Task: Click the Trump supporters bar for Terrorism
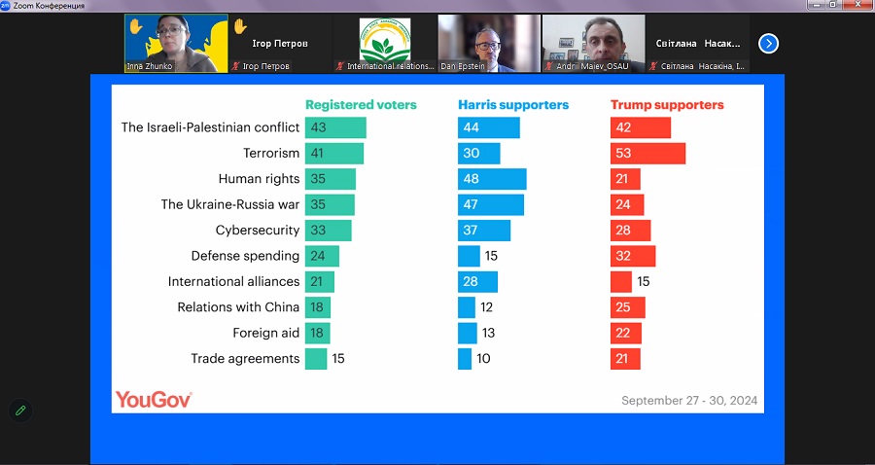coord(647,154)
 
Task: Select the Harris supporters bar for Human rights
coord(492,179)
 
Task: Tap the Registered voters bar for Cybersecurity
coord(328,231)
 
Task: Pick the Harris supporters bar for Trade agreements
coord(465,359)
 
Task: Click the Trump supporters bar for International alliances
coord(621,282)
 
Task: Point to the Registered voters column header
coord(361,105)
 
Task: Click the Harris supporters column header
coord(513,105)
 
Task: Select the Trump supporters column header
coord(667,105)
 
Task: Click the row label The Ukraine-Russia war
coord(230,205)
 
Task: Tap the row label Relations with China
coord(238,307)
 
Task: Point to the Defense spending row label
coord(245,256)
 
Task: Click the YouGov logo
coord(154,399)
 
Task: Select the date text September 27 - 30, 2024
coord(689,401)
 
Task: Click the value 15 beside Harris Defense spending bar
coord(491,256)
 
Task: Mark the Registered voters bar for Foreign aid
coord(317,333)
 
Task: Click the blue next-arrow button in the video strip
coord(768,43)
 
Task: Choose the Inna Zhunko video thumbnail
coord(176,43)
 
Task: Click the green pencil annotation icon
coord(20,411)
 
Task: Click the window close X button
coord(860,5)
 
